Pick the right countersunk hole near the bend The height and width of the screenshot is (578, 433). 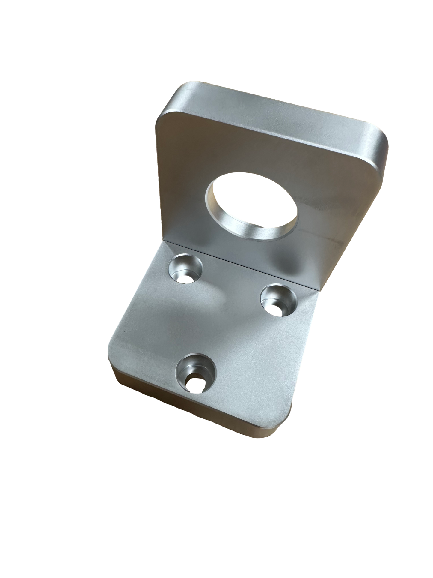(x=279, y=300)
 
